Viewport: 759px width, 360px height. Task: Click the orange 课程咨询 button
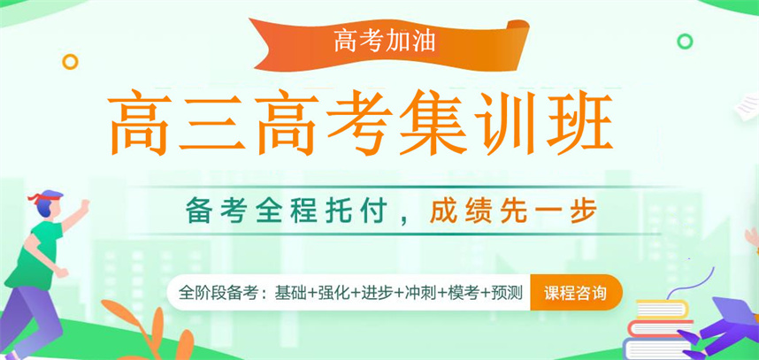576,292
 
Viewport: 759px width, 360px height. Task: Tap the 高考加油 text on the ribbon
383,39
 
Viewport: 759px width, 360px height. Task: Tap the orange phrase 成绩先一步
514,212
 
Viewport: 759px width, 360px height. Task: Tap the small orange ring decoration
70,61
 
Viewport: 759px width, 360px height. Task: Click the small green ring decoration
684,41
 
